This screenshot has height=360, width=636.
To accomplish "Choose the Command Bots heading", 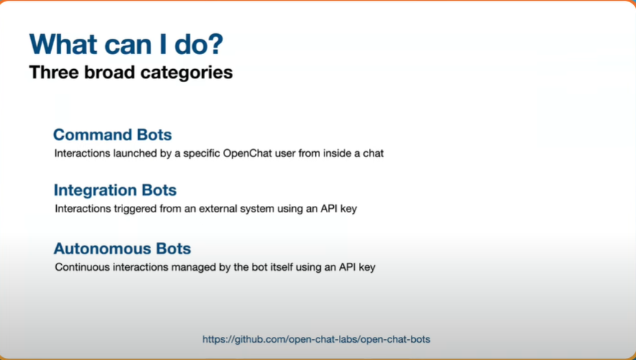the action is tap(112, 135).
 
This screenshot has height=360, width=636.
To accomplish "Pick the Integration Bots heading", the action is tap(115, 190).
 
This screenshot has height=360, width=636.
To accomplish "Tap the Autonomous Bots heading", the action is tap(122, 248).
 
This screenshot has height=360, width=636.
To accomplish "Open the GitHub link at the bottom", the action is tap(317, 339).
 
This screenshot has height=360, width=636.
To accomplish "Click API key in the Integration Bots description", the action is tap(341, 209).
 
